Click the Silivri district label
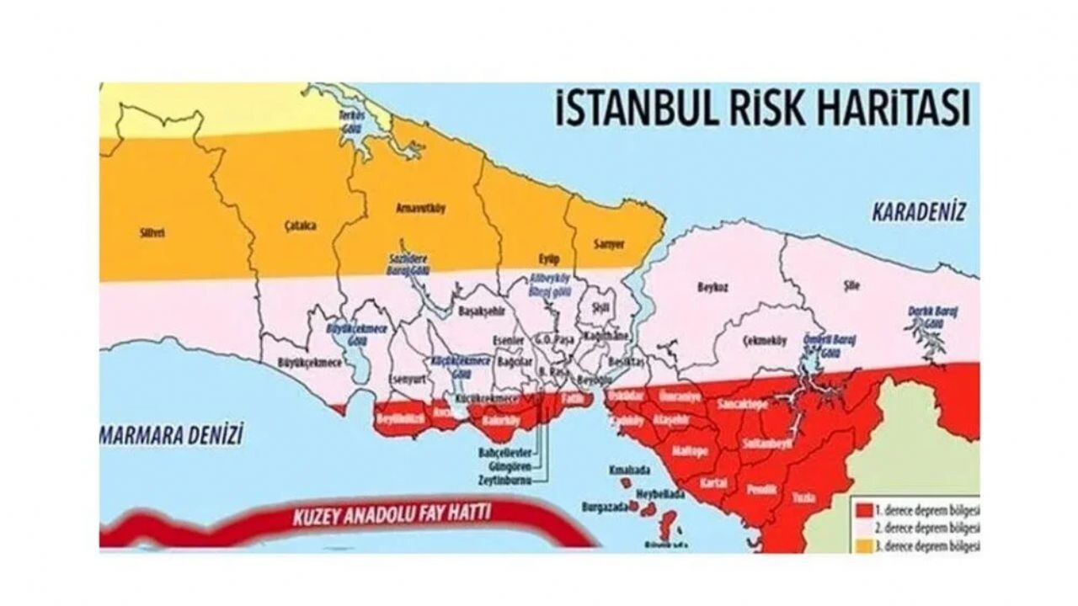point(152,233)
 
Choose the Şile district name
point(851,285)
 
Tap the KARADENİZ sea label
point(918,211)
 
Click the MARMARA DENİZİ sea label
point(172,435)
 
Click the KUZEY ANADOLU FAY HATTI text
point(392,514)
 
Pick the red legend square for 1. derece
point(862,510)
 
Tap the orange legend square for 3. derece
point(862,546)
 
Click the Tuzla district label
point(803,498)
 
